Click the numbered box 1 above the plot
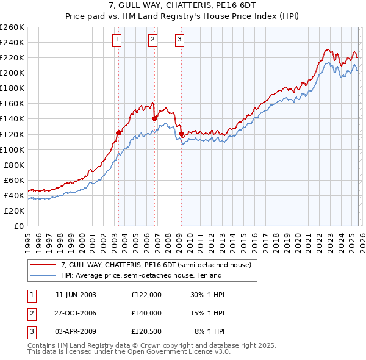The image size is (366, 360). click(x=117, y=40)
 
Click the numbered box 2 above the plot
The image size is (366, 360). click(x=152, y=40)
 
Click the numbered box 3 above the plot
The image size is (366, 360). click(x=180, y=40)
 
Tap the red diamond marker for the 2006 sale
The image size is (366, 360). click(x=155, y=118)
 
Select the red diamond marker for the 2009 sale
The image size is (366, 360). click(x=181, y=134)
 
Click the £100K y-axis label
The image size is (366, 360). click(x=12, y=149)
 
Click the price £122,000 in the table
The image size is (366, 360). click(x=146, y=295)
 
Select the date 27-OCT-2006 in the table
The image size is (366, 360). click(x=76, y=312)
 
